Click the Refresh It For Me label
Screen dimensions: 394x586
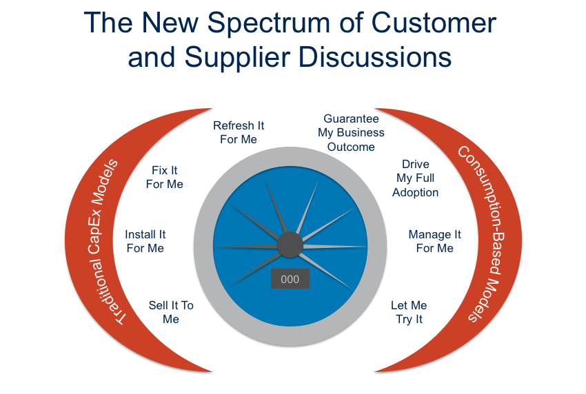coord(239,132)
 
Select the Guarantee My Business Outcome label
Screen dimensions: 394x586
coord(351,133)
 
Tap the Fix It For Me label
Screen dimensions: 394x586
coord(165,177)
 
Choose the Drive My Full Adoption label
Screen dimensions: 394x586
coord(416,178)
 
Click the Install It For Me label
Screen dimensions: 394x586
coord(145,241)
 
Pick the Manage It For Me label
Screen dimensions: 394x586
coord(434,241)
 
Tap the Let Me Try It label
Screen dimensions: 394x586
coord(409,312)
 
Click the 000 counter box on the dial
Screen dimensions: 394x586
coord(290,279)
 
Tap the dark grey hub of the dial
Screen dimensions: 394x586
coord(290,245)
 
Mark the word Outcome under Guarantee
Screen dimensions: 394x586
coord(351,147)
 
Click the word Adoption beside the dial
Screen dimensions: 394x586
coord(416,192)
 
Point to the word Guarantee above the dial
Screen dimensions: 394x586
coord(351,119)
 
